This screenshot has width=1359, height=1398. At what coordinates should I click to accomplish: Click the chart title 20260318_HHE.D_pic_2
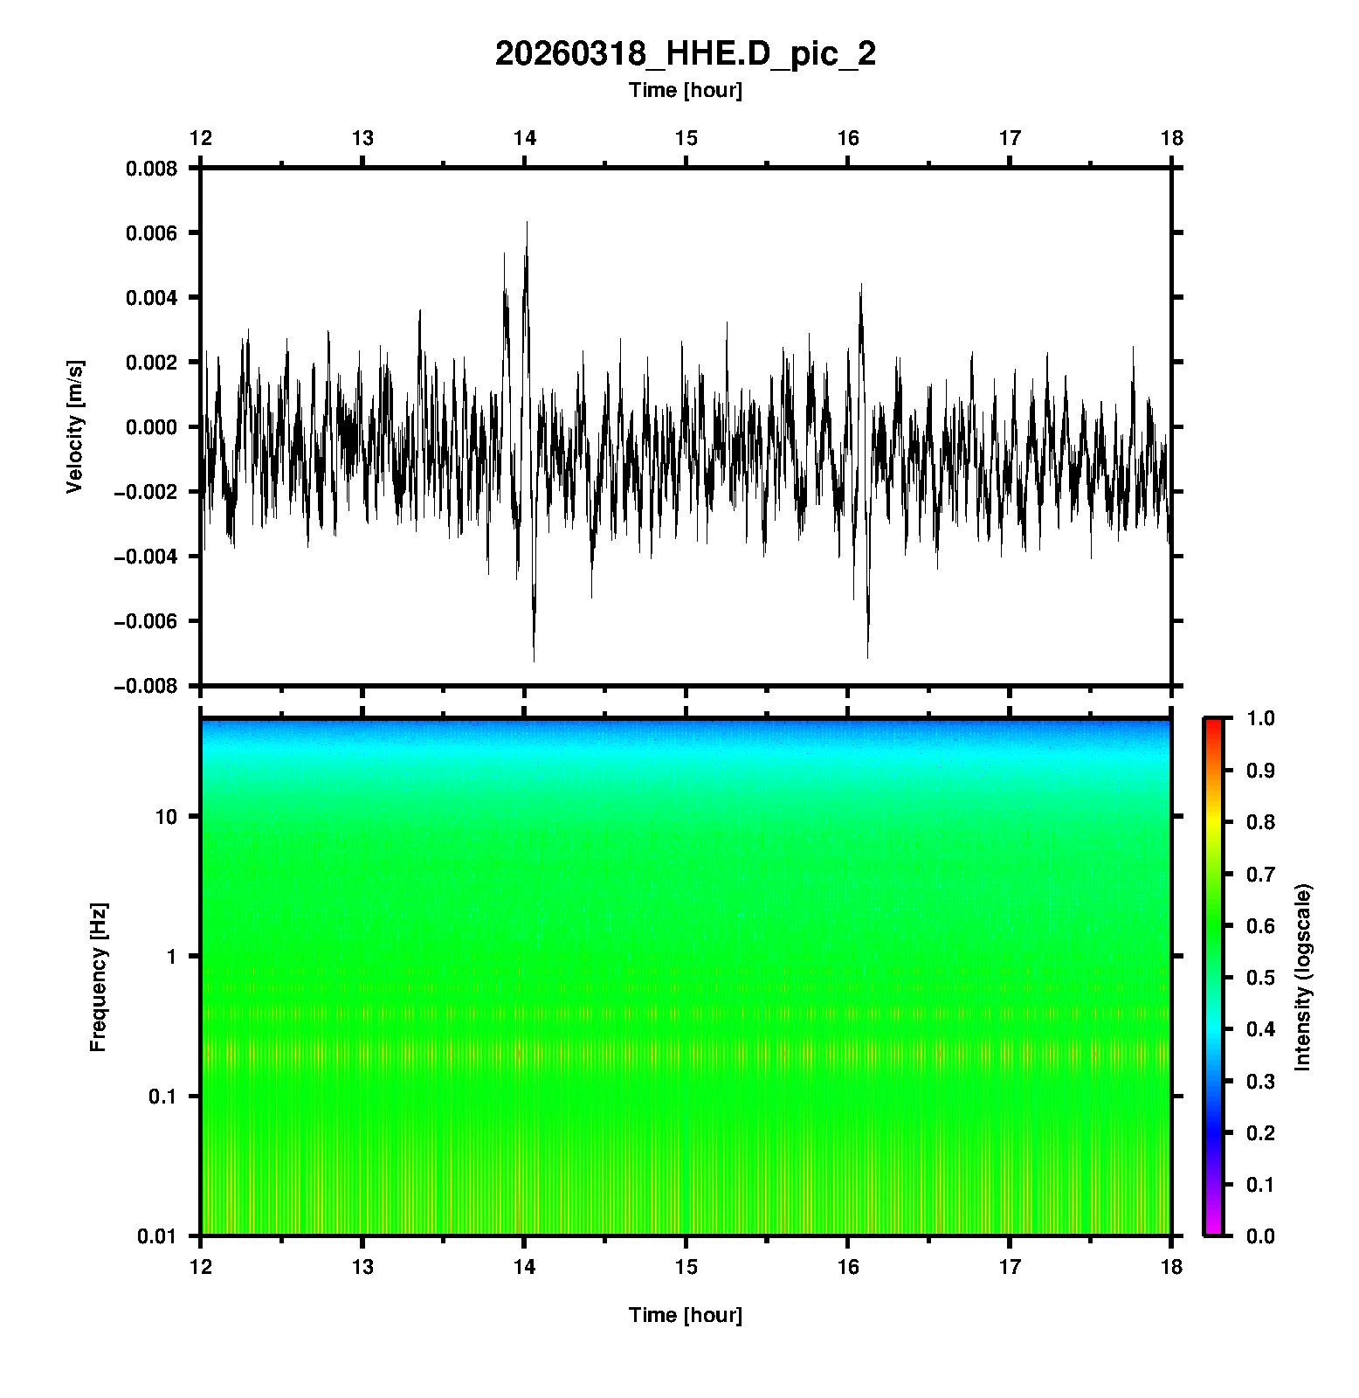685,54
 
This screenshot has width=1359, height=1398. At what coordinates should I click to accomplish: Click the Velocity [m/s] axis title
75,426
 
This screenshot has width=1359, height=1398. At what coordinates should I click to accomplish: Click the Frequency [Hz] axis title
98,978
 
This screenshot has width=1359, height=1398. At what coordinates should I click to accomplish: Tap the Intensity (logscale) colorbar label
1303,977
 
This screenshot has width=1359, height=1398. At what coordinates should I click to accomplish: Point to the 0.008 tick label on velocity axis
151,169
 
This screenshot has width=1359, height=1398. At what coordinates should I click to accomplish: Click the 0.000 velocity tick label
151,427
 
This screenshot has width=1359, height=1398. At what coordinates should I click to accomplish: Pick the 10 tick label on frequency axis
165,818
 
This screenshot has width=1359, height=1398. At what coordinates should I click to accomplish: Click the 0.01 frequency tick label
157,1236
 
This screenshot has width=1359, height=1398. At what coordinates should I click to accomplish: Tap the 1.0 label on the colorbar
1260,718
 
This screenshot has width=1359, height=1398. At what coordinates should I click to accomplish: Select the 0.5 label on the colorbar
1260,977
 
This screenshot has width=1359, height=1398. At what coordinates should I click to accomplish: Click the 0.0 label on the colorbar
1260,1236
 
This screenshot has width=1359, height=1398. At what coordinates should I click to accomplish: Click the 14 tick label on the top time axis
524,138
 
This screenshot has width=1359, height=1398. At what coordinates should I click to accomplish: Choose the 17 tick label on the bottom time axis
1010,1267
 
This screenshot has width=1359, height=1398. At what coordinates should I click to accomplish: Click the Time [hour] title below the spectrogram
685,1315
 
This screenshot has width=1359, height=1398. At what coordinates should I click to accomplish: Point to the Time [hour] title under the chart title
685,90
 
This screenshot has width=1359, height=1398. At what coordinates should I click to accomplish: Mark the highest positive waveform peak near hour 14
527,223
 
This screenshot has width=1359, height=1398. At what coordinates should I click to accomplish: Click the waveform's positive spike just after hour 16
861,285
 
